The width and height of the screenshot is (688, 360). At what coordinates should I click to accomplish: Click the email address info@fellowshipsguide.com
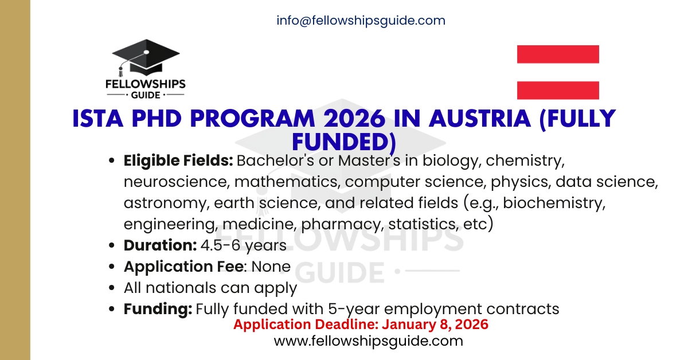tap(361, 21)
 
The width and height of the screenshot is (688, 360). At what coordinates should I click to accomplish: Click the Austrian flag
tap(558, 72)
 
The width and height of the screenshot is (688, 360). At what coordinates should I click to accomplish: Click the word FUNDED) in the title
tap(344, 140)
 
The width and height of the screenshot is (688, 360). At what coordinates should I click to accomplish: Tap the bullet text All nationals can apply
tap(210, 288)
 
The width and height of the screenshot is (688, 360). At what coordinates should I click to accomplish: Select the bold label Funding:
tap(158, 309)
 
